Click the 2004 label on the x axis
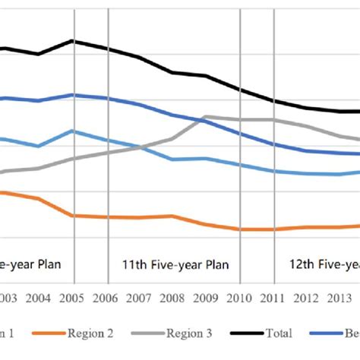point(39,298)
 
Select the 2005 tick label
point(72,298)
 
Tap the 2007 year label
point(140,298)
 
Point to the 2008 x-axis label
point(173,298)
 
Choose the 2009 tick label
point(207,298)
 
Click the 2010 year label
point(240,298)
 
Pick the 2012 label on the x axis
point(307,298)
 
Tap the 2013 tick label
point(340,298)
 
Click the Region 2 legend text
point(90,332)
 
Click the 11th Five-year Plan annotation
point(175,265)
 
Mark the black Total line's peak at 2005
point(72,40)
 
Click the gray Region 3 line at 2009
point(207,117)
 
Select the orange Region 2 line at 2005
point(72,216)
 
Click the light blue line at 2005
point(72,131)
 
